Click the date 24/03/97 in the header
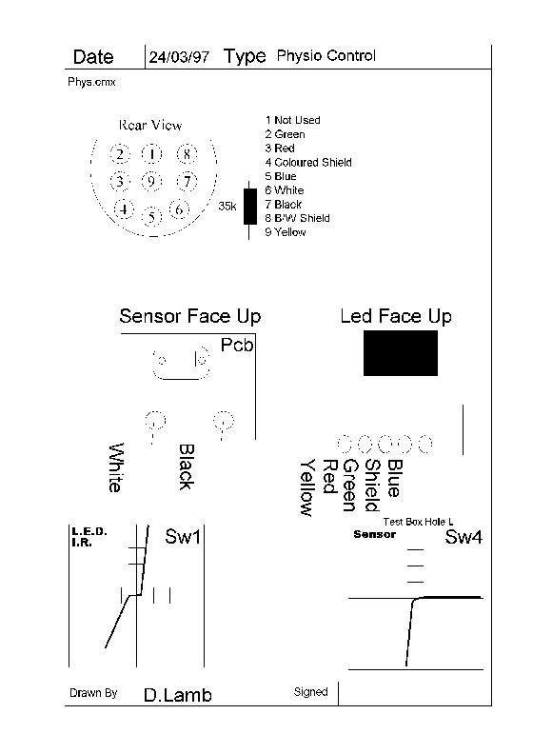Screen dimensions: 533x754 click(179, 57)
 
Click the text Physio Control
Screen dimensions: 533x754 click(326, 56)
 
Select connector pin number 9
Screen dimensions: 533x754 click(151, 181)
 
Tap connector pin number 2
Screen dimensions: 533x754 click(120, 154)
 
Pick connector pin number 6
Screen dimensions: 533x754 click(179, 209)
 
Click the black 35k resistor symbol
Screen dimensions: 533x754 click(249, 207)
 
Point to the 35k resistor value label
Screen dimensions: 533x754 click(227, 207)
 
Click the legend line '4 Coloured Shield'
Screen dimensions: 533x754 click(308, 163)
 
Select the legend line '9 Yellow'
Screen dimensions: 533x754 click(285, 232)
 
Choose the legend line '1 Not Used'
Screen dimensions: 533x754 click(292, 120)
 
